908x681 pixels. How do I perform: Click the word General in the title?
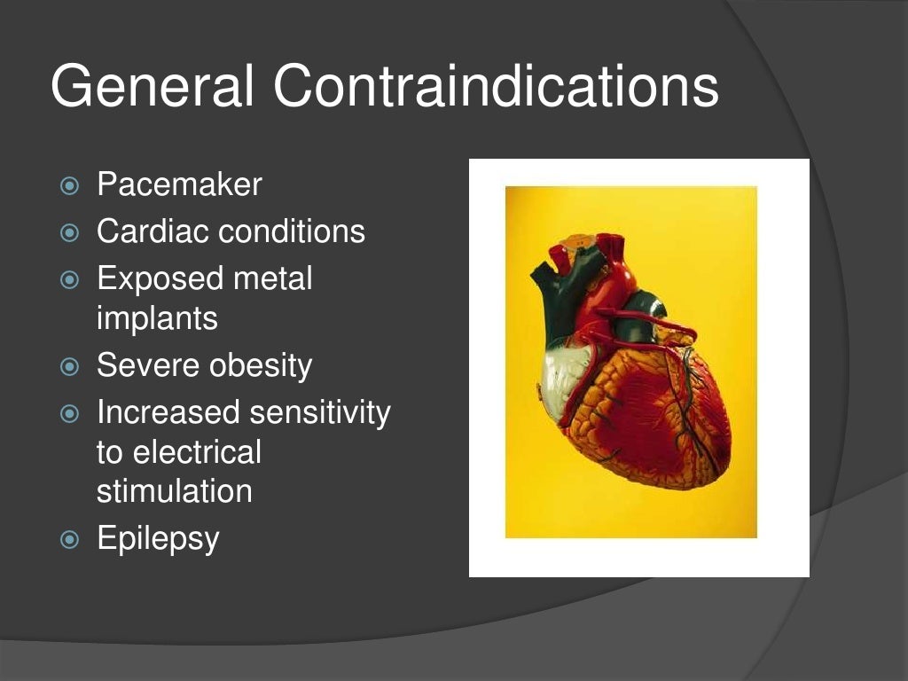tap(153, 87)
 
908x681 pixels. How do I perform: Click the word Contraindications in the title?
tap(496, 87)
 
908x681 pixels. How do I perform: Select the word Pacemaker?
tap(179, 185)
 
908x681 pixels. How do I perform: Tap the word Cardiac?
tap(153, 231)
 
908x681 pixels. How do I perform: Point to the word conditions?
tap(292, 231)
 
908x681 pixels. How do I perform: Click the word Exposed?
tap(160, 278)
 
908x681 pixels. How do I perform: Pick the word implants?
tap(157, 318)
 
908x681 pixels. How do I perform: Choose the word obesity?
tap(260, 365)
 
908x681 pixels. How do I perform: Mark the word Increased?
tap(168, 412)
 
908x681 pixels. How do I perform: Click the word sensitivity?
tap(319, 412)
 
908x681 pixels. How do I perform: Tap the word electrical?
tap(197, 452)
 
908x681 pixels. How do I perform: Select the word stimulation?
tap(174, 491)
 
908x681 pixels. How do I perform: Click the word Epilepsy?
tap(158, 539)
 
